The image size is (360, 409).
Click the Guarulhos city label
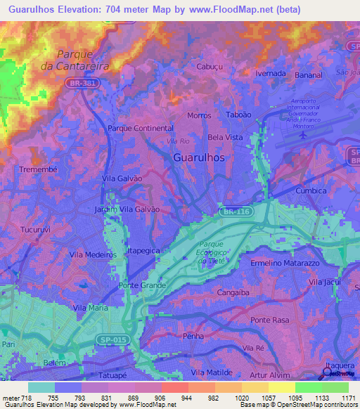point(199,158)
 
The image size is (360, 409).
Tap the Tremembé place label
point(27,170)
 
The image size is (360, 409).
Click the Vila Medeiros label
point(92,255)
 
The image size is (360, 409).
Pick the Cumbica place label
point(311,190)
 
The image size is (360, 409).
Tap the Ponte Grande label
point(143,285)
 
